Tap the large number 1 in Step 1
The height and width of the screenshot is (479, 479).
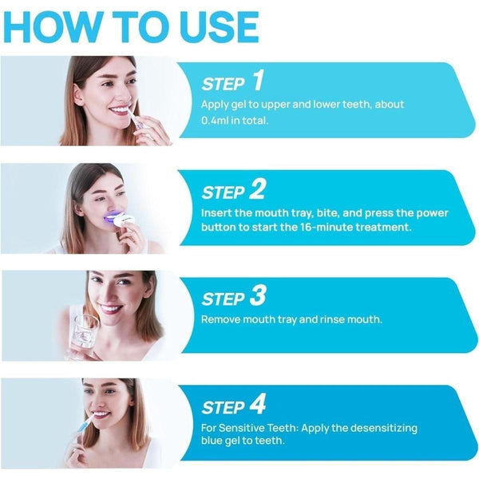pyautogui.click(x=257, y=81)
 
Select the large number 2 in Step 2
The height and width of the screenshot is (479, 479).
pyautogui.click(x=257, y=189)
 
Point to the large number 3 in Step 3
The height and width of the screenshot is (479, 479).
pyautogui.click(x=257, y=297)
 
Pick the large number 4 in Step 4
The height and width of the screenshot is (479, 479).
pyautogui.click(x=258, y=405)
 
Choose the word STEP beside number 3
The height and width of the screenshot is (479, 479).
pyautogui.click(x=223, y=299)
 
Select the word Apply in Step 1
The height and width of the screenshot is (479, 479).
pyautogui.click(x=216, y=105)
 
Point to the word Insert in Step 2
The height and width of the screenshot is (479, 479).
pyautogui.click(x=216, y=212)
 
